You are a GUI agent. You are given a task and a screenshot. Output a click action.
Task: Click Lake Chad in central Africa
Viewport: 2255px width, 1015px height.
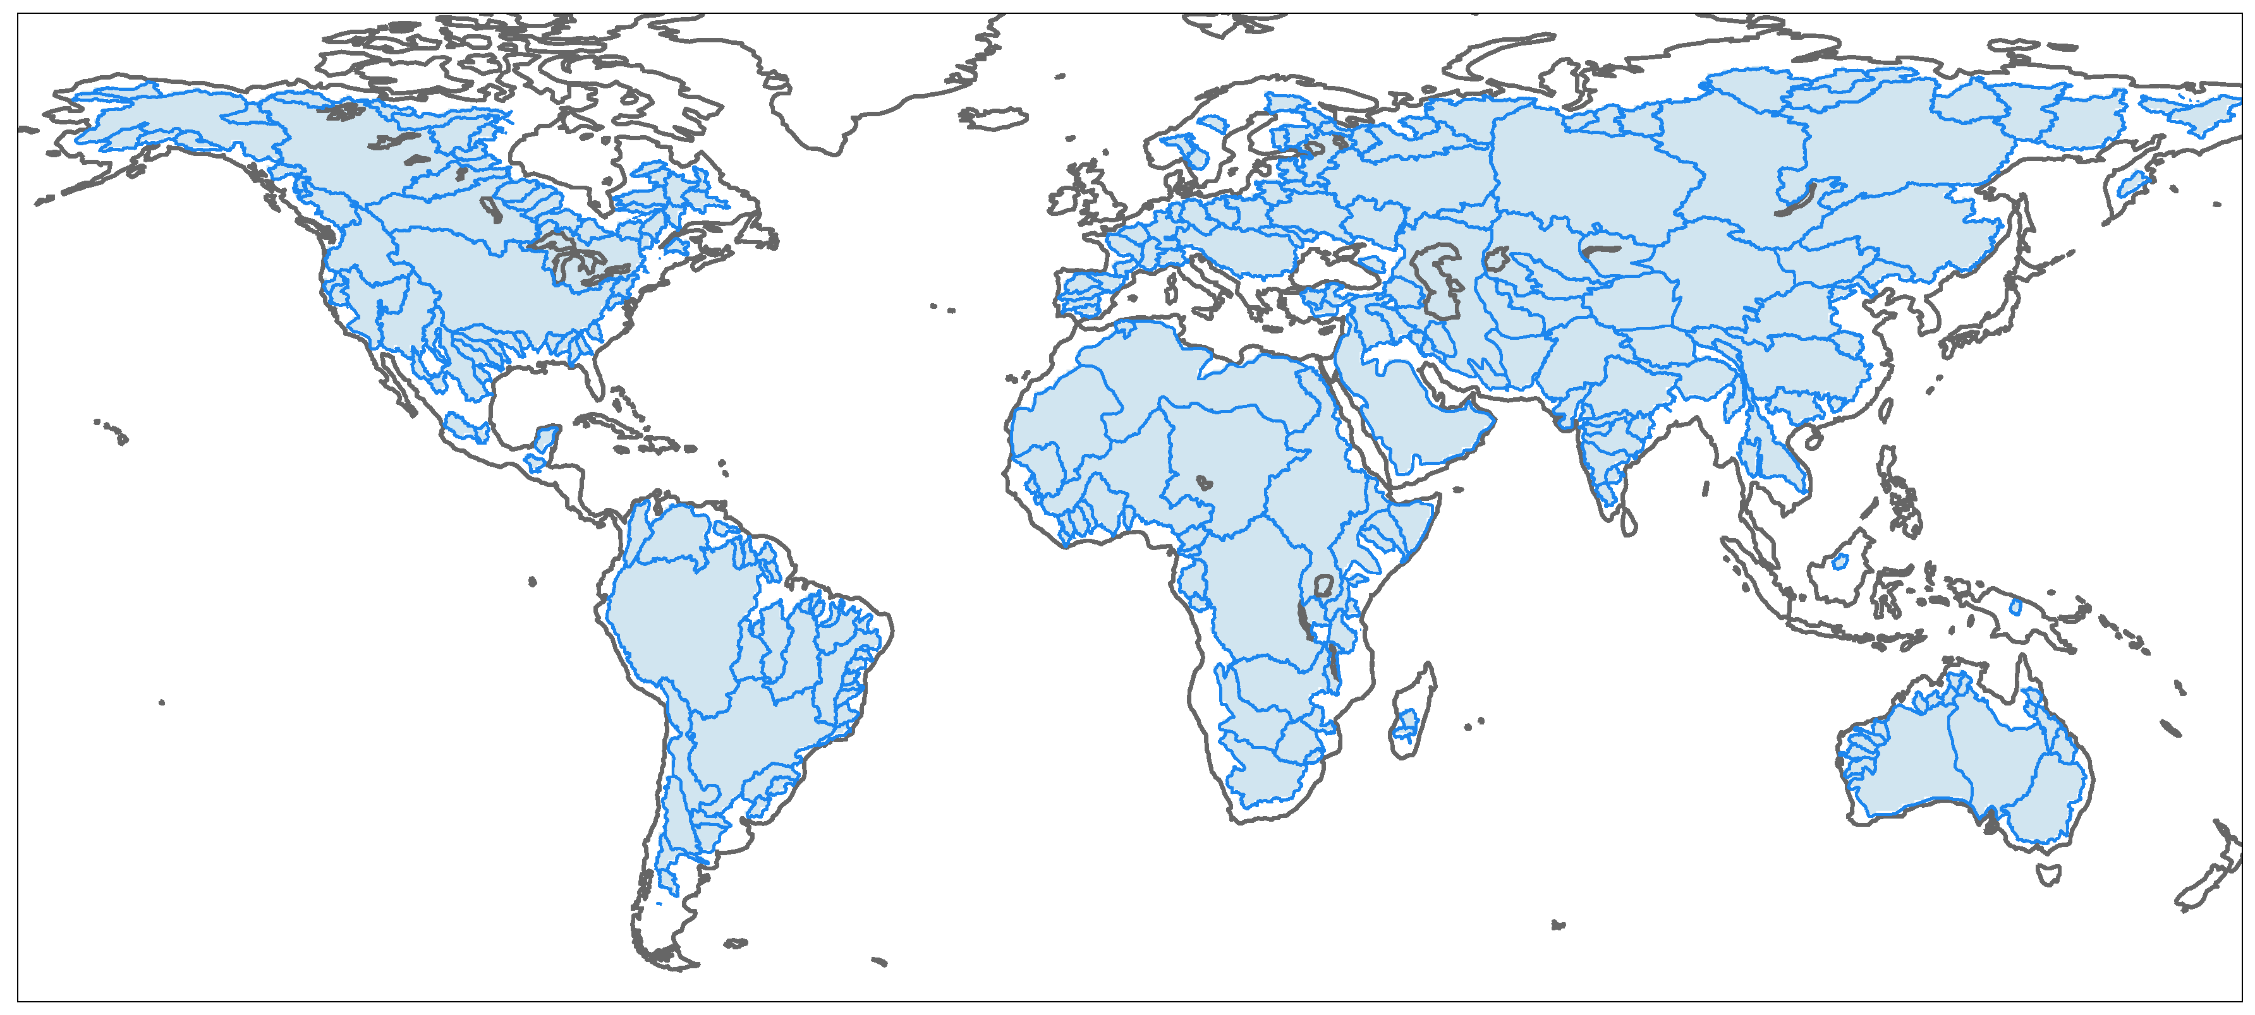coord(1205,482)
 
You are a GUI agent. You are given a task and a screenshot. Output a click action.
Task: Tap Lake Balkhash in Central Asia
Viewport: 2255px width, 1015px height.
coord(1603,249)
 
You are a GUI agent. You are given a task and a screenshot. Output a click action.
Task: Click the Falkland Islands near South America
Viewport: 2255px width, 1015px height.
coord(735,943)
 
